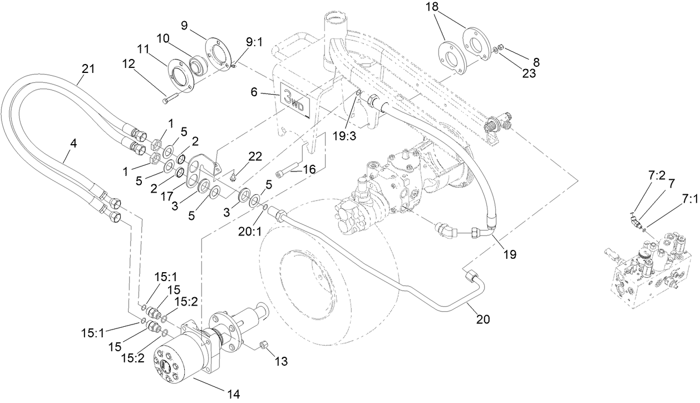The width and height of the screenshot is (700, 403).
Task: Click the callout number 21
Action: (88, 70)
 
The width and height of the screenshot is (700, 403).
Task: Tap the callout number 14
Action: (233, 394)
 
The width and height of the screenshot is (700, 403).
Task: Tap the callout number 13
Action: (281, 361)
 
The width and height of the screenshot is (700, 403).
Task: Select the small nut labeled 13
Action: (265, 347)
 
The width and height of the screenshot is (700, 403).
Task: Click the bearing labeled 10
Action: (198, 66)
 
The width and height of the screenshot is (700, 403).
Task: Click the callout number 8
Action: (535, 62)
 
